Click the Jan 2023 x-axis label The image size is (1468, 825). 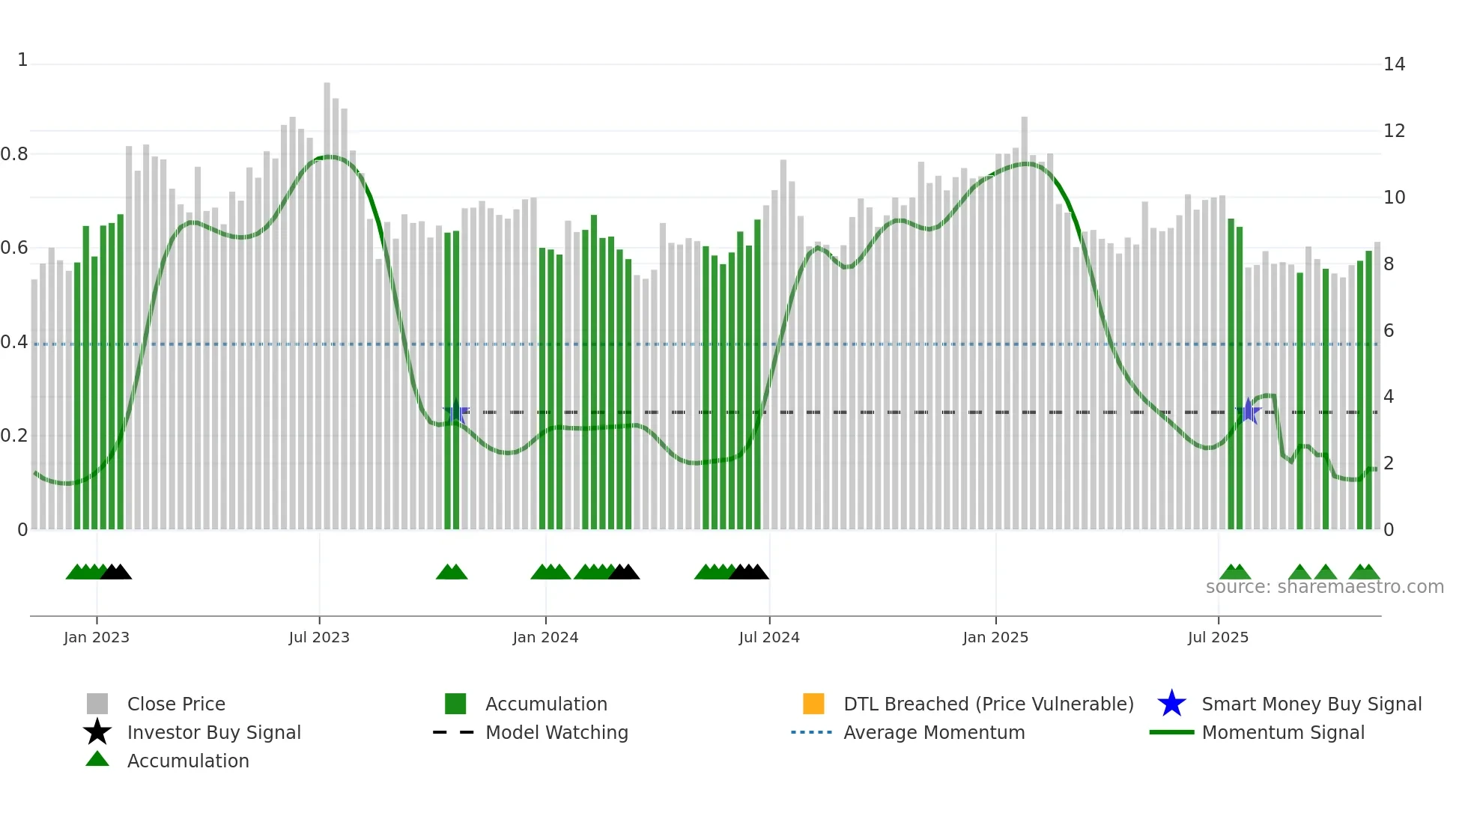pos(97,638)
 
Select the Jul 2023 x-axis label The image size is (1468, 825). pos(319,638)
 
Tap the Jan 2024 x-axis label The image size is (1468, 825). pos(545,638)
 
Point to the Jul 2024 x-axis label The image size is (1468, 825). pos(769,638)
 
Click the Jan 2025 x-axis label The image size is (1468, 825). pos(995,638)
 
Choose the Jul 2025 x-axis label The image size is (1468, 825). pos(1219,638)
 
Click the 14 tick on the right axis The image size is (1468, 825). pos(1394,64)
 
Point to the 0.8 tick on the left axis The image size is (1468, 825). pos(14,154)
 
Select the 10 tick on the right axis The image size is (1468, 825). pos(1394,198)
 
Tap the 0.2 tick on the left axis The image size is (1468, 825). pos(14,436)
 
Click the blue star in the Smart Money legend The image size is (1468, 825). pos(1171,704)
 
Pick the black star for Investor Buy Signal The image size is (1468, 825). pos(97,732)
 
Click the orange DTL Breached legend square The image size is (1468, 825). pos(813,704)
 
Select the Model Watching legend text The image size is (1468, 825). pos(556,733)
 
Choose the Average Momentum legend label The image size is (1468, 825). pos(934,733)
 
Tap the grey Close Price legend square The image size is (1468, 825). pos(97,704)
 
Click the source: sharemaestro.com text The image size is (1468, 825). pos(1324,587)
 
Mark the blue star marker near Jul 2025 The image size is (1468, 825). pos(1249,411)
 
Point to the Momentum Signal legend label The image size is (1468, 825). pos(1283,733)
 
